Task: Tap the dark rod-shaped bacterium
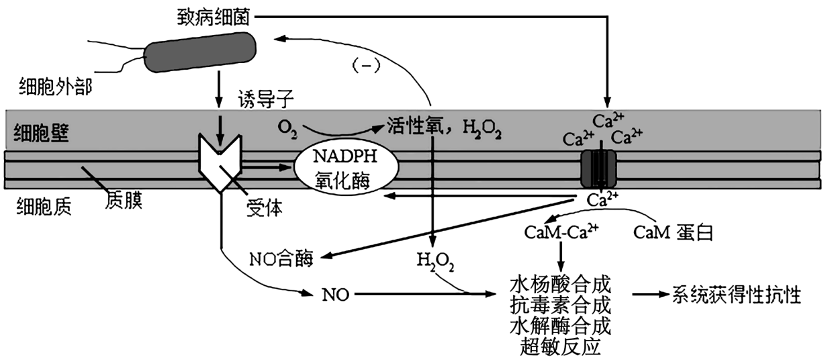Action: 201,52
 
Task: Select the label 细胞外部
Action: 54,87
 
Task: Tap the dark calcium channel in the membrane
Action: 598,168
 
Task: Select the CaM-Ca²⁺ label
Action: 561,232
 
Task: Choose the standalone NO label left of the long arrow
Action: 335,294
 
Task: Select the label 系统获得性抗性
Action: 737,294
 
